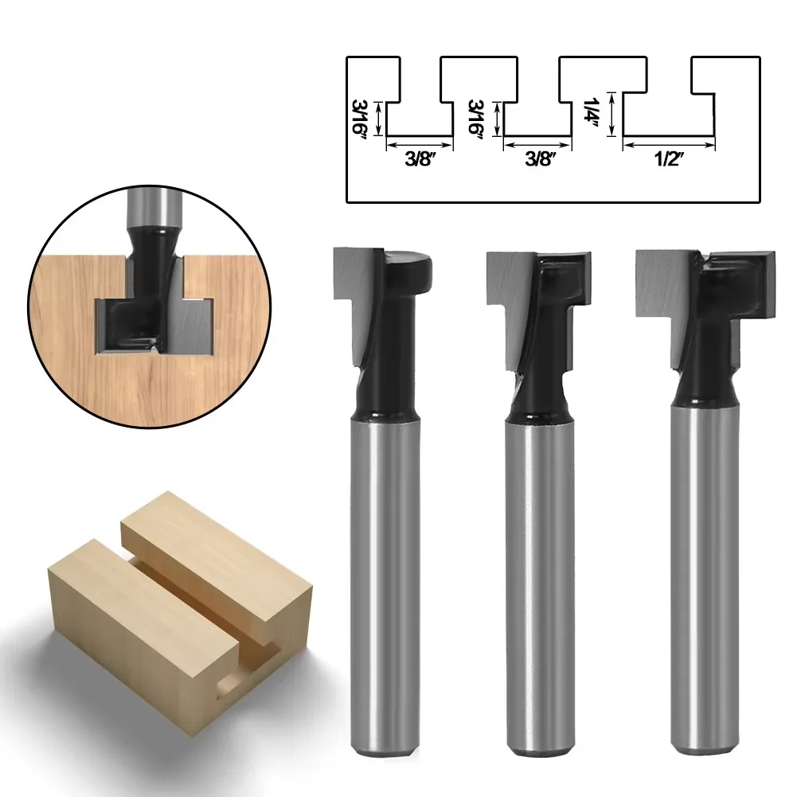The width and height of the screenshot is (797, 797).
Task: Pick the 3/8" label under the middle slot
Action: [x=537, y=158]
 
